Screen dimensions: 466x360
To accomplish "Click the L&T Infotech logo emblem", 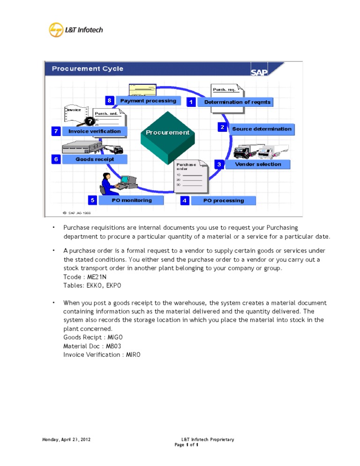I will point(56,30).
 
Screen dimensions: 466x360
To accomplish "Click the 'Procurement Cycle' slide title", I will point(88,69).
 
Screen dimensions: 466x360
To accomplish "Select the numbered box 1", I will point(191,102).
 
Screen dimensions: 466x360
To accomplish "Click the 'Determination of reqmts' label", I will point(237,102).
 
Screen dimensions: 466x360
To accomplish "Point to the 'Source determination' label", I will point(262,129).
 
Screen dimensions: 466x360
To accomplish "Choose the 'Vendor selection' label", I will point(258,165).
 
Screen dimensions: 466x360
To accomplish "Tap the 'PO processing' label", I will point(224,201).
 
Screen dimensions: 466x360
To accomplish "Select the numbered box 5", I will point(93,200).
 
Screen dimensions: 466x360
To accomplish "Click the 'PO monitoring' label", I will point(132,200).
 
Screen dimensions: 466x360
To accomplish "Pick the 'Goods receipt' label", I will point(95,159).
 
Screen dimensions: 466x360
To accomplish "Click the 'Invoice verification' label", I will point(95,131).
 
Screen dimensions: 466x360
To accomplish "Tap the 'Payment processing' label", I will point(148,101).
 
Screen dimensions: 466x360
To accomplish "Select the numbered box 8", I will point(109,100).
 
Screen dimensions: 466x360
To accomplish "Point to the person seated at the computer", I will point(108,183).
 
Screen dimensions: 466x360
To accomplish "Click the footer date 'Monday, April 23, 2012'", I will point(66,440).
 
